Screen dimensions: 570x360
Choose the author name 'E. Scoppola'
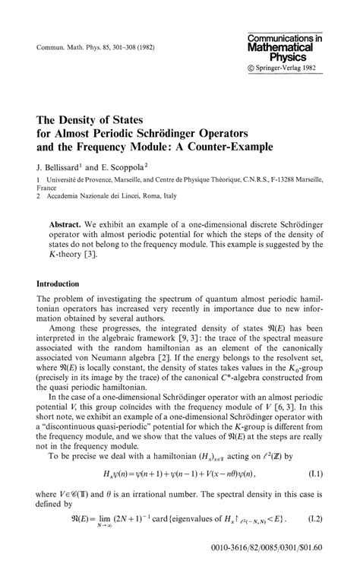click(x=127, y=165)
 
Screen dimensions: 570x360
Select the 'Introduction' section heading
click(x=64, y=283)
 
